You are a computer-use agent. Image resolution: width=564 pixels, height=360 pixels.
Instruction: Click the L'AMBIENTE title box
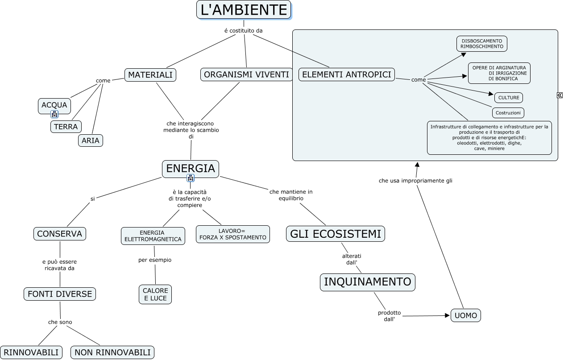click(244, 9)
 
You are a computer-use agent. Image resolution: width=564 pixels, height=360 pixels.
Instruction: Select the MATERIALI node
click(150, 75)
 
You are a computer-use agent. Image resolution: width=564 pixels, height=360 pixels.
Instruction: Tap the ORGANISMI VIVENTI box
click(246, 74)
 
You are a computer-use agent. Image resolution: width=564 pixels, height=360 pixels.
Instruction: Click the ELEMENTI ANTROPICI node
click(346, 74)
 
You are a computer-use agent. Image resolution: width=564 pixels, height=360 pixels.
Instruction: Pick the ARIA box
click(91, 141)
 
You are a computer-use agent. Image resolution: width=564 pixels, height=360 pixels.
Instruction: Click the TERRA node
click(66, 127)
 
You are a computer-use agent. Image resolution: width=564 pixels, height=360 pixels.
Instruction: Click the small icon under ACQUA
click(54, 114)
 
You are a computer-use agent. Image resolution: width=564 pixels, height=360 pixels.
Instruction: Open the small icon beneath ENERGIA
click(191, 178)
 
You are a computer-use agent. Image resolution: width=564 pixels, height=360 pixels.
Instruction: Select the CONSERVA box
click(60, 234)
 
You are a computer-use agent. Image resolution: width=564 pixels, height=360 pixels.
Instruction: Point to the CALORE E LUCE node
click(155, 294)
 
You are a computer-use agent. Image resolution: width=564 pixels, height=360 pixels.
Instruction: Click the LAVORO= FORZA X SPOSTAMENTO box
click(232, 234)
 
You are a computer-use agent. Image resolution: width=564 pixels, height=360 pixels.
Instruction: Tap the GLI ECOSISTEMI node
click(336, 234)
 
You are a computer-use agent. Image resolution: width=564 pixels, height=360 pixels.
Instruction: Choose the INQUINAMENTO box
click(367, 282)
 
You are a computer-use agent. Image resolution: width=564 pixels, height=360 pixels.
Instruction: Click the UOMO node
click(465, 315)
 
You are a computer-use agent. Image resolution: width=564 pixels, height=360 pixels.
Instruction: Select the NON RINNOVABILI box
click(112, 352)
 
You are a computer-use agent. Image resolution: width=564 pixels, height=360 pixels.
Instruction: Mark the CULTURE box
click(509, 98)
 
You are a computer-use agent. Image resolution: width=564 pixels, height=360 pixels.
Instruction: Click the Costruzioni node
click(508, 113)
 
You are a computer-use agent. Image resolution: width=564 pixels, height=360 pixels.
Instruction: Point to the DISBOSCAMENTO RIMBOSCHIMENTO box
click(481, 44)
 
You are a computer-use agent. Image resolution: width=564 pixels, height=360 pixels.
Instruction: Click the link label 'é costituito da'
click(244, 30)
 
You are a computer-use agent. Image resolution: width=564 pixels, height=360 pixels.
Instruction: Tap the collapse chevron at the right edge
click(560, 95)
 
